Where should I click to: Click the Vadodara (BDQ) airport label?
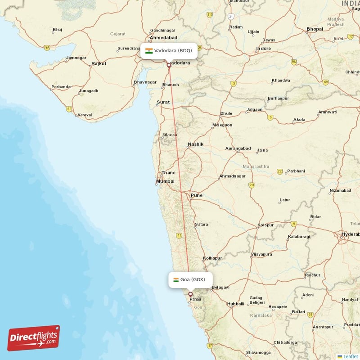click(169, 50)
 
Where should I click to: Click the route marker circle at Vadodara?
click(169, 65)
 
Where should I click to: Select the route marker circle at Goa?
click(190, 294)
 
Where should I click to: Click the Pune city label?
click(196, 195)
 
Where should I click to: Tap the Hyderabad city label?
click(350, 234)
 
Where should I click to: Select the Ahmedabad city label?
click(164, 38)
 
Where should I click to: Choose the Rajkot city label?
click(99, 64)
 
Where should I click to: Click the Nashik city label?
click(196, 144)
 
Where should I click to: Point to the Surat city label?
click(163, 102)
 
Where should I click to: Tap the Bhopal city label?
click(315, 29)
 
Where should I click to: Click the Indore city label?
click(263, 49)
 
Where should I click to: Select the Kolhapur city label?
click(212, 258)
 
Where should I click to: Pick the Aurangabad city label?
click(238, 148)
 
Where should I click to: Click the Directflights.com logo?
click(34, 338)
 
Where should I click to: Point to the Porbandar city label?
click(62, 87)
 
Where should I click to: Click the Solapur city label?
click(265, 225)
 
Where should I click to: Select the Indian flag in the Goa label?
click(176, 280)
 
